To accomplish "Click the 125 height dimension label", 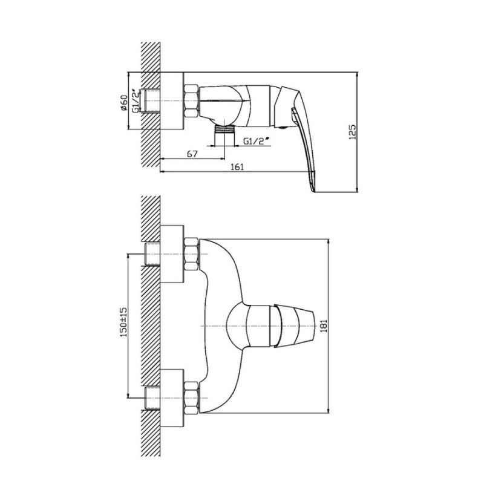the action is (x=353, y=132).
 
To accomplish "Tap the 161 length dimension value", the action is (x=237, y=167).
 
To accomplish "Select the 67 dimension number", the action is (x=192, y=154).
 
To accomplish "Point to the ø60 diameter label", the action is (x=123, y=102).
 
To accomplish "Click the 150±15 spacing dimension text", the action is (x=123, y=322).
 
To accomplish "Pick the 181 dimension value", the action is (x=324, y=325).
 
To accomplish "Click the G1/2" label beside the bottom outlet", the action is (x=255, y=140).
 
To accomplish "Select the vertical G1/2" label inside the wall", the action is (x=135, y=101).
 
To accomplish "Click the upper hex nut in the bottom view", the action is (x=191, y=254).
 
